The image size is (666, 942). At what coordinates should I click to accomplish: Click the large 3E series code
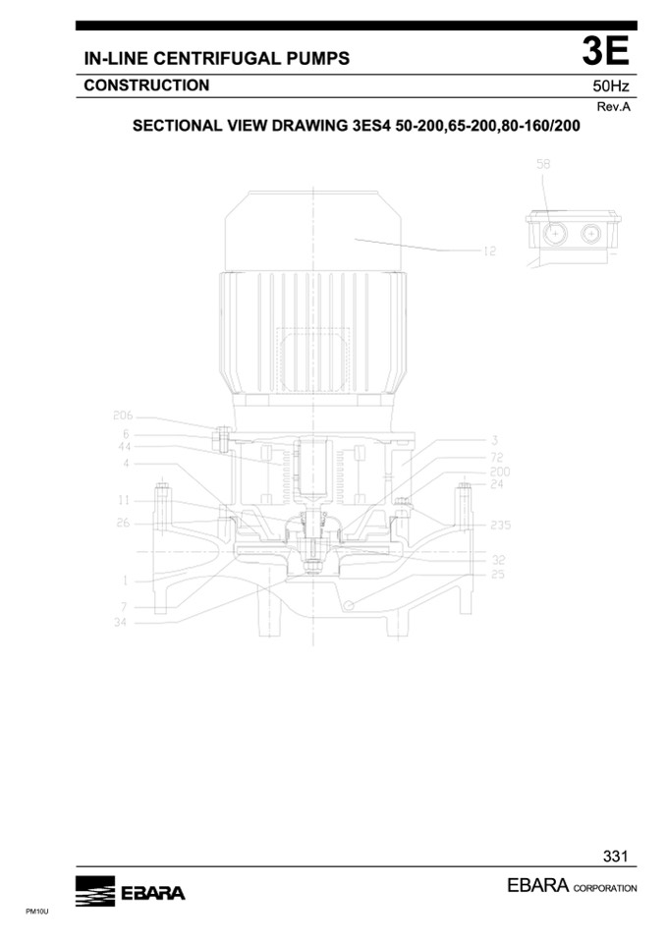[605, 52]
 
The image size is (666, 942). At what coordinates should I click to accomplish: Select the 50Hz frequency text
[611, 85]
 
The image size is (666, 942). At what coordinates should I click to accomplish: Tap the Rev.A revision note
[613, 107]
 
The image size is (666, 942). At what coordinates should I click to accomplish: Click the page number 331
[616, 856]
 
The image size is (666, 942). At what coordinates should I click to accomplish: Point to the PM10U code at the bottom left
[36, 912]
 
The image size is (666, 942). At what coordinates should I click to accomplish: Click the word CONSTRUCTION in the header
[146, 85]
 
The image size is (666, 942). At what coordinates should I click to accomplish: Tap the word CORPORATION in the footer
[605, 888]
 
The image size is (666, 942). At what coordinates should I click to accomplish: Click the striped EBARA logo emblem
[95, 891]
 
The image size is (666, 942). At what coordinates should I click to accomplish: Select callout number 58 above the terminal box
[543, 163]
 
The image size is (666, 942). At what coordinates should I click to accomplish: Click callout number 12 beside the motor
[490, 251]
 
